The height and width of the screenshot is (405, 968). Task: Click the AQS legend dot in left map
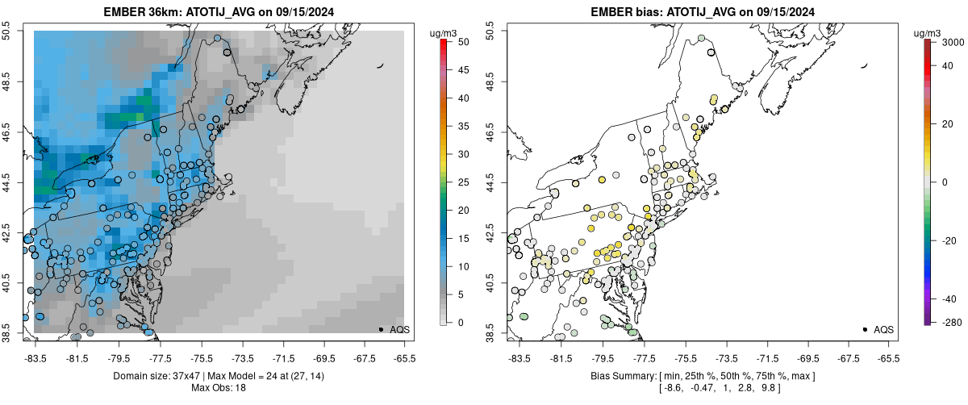click(380, 329)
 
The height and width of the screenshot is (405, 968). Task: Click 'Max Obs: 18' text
click(218, 388)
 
